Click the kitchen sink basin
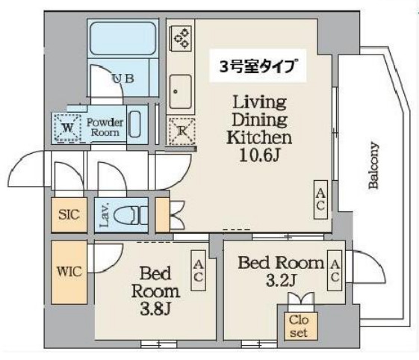pyautogui.click(x=180, y=92)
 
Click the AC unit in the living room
pyautogui.click(x=320, y=199)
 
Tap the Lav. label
pyautogui.click(x=105, y=216)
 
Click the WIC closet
pyautogui.click(x=67, y=269)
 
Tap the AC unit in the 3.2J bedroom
pyautogui.click(x=335, y=271)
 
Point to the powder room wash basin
pyautogui.click(x=135, y=123)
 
